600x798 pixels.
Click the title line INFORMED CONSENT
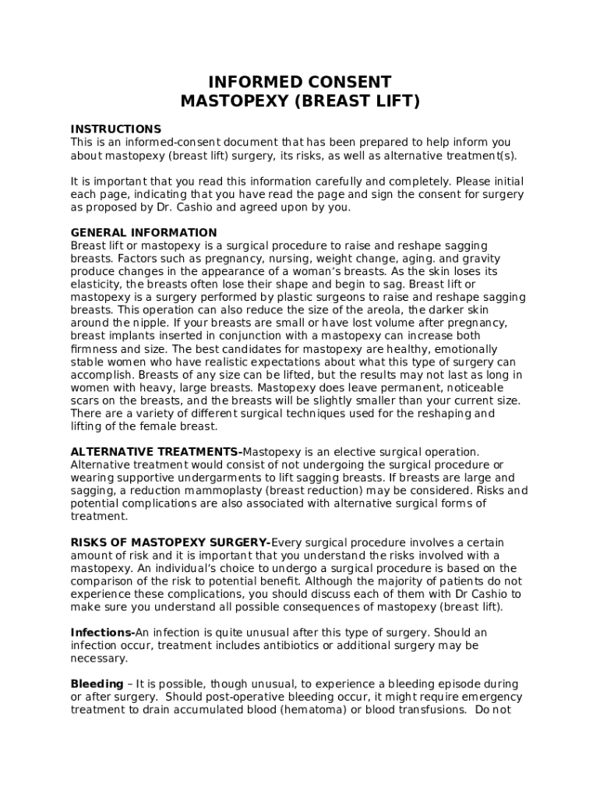click(x=300, y=82)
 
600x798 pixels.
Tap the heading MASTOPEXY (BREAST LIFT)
click(x=300, y=101)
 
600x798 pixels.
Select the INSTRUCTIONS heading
click(x=116, y=129)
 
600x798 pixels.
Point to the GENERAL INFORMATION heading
click(x=144, y=232)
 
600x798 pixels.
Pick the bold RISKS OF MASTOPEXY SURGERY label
click(x=169, y=542)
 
